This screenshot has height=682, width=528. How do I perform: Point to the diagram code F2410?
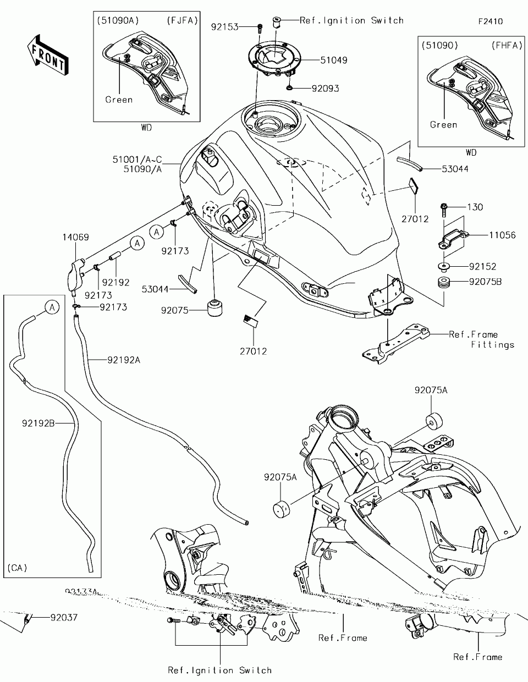(490, 21)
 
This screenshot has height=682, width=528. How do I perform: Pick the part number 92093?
(325, 88)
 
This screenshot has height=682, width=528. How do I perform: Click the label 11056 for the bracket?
(502, 235)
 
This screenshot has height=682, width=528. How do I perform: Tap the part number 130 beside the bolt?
(475, 207)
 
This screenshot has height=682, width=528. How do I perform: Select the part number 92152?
(482, 267)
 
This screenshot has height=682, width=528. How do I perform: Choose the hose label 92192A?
(124, 360)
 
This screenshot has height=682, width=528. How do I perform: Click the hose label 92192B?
(38, 424)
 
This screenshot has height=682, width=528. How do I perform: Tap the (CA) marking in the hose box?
(18, 567)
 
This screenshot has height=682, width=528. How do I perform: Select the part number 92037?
(64, 618)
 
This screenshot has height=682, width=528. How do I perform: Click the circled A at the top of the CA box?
(52, 307)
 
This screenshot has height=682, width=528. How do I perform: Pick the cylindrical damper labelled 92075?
(217, 309)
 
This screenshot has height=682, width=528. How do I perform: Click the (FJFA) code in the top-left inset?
(179, 20)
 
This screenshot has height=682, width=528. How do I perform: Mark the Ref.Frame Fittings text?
(482, 339)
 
